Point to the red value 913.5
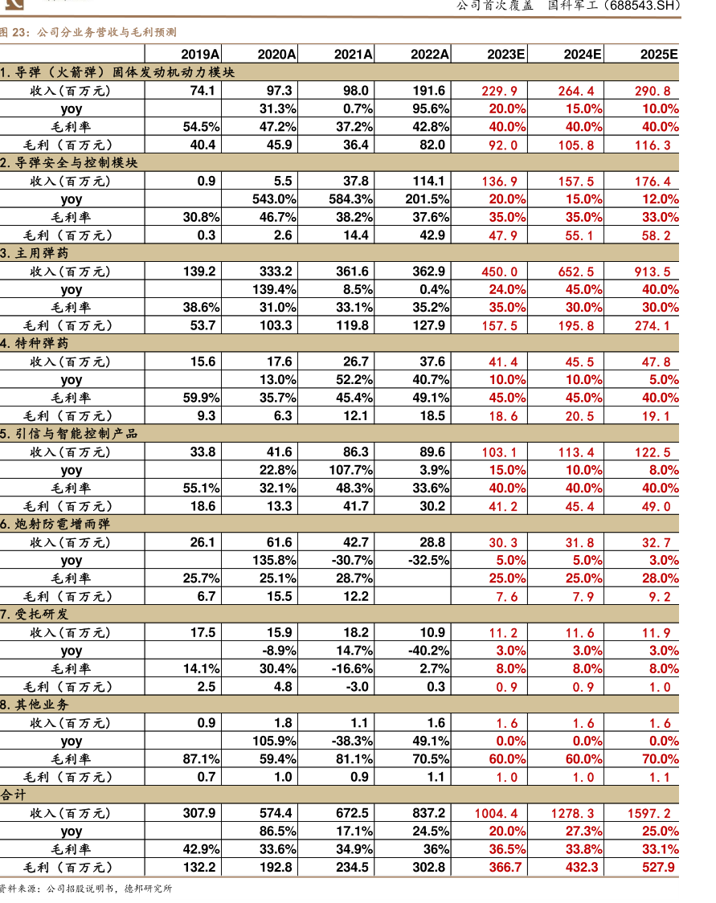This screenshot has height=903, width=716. click(656, 272)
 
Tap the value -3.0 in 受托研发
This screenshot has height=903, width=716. click(358, 687)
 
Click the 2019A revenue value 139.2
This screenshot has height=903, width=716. click(200, 272)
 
